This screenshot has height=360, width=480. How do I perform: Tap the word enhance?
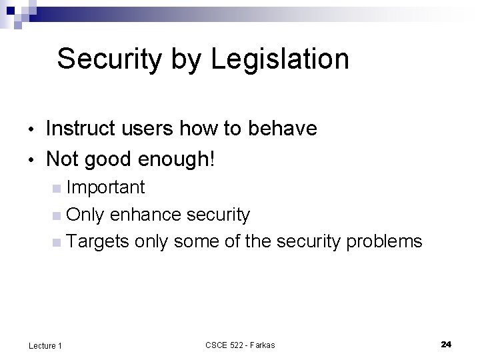pos(145,214)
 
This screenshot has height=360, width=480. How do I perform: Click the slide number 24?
pos(446,344)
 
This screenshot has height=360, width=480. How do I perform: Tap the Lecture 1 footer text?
pos(46,345)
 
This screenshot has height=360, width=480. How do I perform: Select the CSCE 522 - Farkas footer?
pos(239,345)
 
